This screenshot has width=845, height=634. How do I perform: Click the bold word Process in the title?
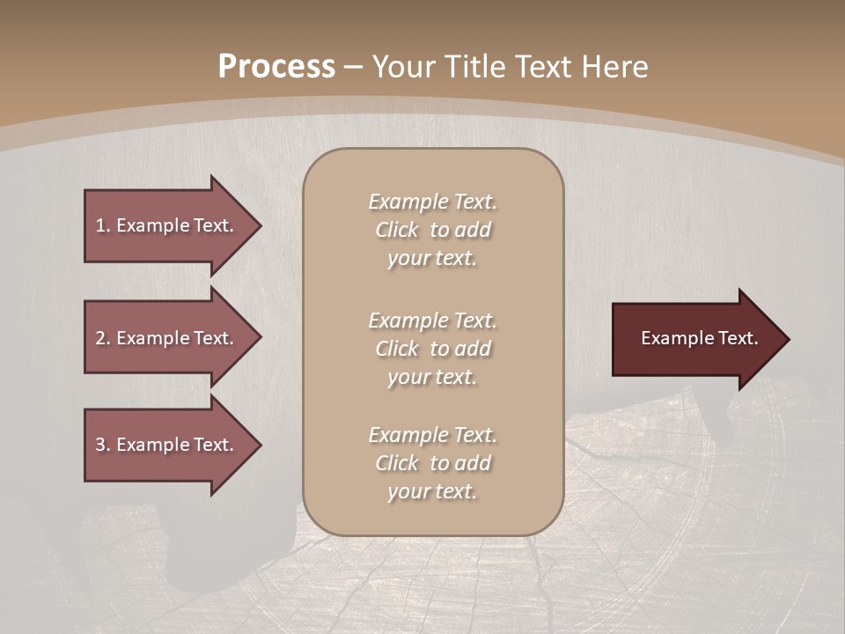click(276, 66)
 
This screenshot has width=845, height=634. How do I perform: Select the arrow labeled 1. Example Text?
click(167, 225)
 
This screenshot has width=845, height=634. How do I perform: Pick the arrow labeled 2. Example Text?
click(167, 338)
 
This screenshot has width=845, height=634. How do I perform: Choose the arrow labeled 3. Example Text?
click(167, 445)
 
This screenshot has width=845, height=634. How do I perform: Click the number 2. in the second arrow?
click(102, 338)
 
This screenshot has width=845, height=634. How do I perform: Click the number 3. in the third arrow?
click(102, 445)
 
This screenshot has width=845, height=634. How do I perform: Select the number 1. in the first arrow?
click(102, 225)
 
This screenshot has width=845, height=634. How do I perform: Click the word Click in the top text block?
click(396, 231)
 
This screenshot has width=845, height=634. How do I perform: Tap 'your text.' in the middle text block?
click(432, 377)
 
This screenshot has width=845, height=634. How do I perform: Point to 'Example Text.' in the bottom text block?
click(432, 435)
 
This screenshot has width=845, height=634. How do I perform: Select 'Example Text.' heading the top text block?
click(432, 202)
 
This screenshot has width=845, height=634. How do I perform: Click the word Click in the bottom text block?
click(396, 463)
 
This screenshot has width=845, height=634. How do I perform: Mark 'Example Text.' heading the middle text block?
click(432, 321)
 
